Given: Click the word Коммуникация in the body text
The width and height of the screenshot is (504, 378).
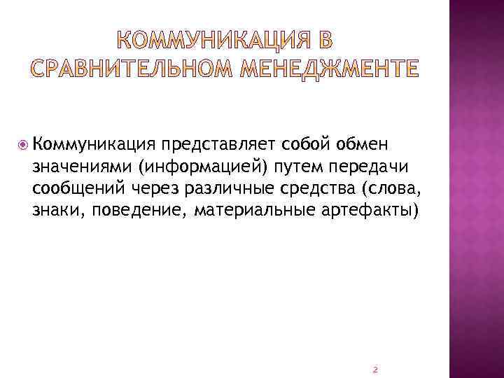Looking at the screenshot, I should coord(92,144).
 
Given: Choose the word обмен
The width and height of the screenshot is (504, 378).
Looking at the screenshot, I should coord(363,144).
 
